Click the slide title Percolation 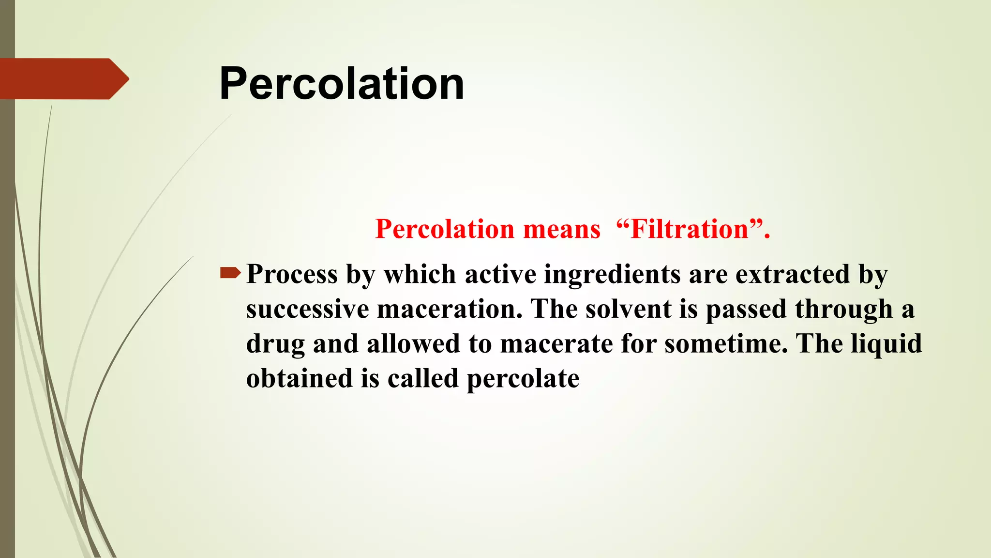coord(341,84)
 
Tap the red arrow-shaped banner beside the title coord(63,79)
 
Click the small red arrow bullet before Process coord(230,273)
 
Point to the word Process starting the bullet coord(292,274)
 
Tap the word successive coord(307,309)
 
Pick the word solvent coord(628,309)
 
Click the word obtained coord(299,378)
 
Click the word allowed coord(413,344)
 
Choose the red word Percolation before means coord(445,229)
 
